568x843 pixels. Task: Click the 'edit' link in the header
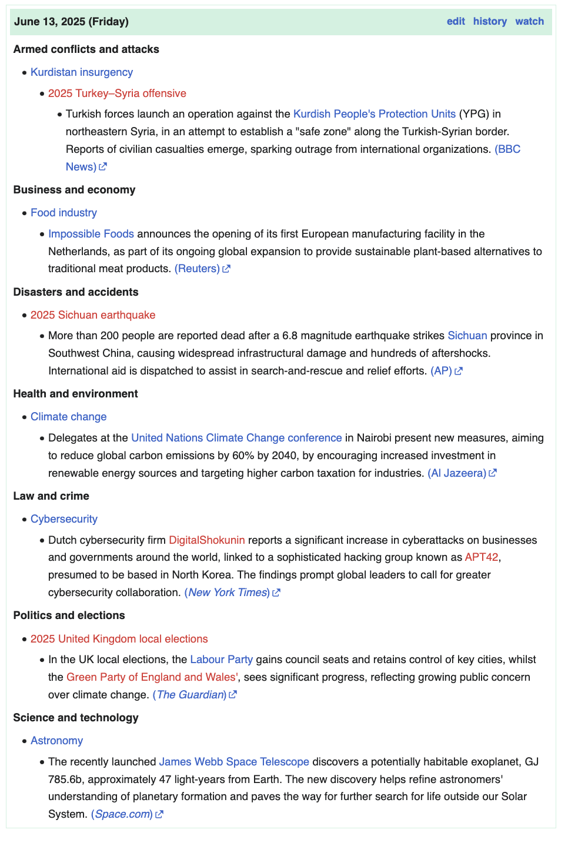pyautogui.click(x=456, y=21)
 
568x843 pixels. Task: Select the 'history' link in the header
pyautogui.click(x=490, y=21)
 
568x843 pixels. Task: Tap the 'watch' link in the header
pyautogui.click(x=529, y=21)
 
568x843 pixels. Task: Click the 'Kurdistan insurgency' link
pyautogui.click(x=82, y=72)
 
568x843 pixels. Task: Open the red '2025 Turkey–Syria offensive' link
pyautogui.click(x=117, y=93)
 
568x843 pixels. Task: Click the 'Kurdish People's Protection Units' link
pyautogui.click(x=374, y=114)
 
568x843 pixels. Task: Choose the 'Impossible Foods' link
pyautogui.click(x=91, y=234)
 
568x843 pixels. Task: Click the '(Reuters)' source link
pyautogui.click(x=197, y=269)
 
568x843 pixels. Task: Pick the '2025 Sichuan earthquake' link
pyautogui.click(x=93, y=315)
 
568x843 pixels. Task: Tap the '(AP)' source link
pyautogui.click(x=441, y=371)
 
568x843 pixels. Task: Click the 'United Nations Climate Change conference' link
pyautogui.click(x=236, y=438)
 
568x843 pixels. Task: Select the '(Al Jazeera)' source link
pyautogui.click(x=457, y=473)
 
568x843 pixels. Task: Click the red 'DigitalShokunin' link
pyautogui.click(x=207, y=540)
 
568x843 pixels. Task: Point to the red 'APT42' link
pyautogui.click(x=482, y=557)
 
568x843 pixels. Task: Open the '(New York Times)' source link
pyautogui.click(x=227, y=593)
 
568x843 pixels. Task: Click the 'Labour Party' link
pyautogui.click(x=222, y=660)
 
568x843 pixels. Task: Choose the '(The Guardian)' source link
pyautogui.click(x=189, y=695)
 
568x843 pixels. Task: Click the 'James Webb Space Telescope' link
pyautogui.click(x=234, y=762)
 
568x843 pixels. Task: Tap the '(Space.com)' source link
pyautogui.click(x=122, y=814)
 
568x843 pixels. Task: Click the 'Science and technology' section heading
pyautogui.click(x=76, y=718)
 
